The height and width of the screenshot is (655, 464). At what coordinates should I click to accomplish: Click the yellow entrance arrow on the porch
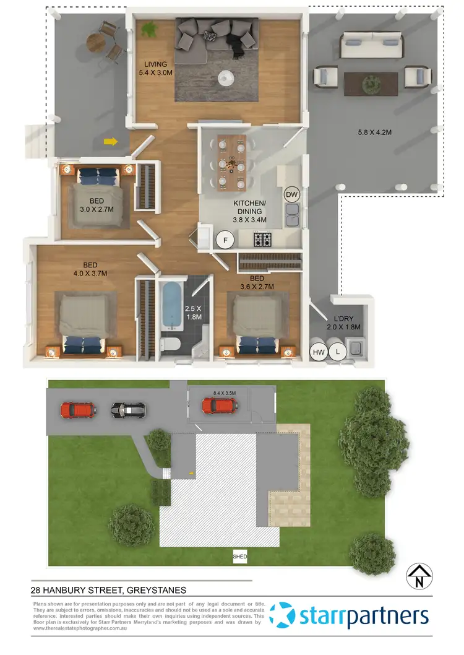(111, 142)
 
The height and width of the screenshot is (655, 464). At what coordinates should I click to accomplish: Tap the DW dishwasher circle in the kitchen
(292, 195)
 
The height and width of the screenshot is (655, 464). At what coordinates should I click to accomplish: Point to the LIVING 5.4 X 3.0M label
(156, 69)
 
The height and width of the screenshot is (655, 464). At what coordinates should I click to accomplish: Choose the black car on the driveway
(128, 409)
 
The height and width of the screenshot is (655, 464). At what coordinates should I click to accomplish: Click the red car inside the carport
(219, 406)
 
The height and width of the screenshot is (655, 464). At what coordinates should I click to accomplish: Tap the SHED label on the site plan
(240, 557)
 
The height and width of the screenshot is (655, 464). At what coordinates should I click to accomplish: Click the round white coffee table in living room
(226, 77)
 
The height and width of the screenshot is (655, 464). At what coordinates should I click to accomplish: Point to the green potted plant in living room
(149, 28)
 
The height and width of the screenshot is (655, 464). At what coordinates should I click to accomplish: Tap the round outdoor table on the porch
(95, 42)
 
